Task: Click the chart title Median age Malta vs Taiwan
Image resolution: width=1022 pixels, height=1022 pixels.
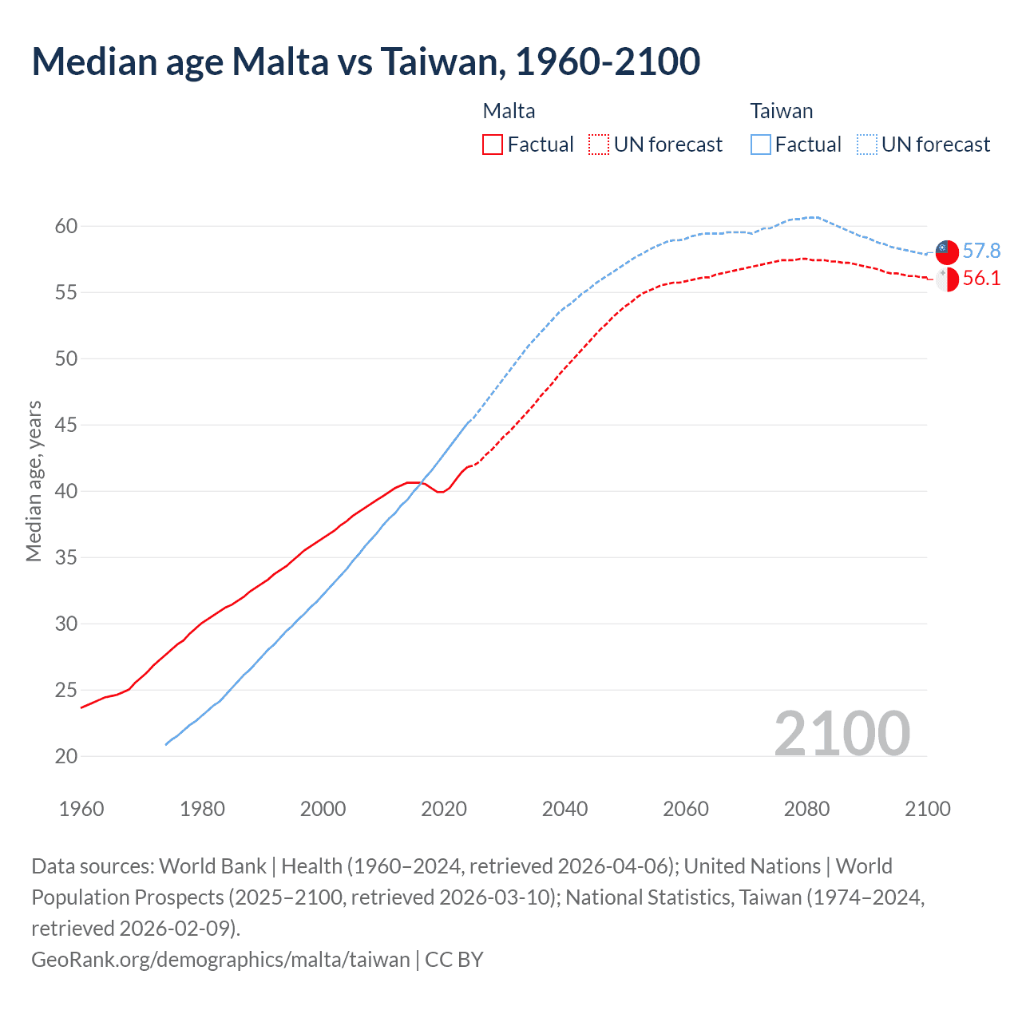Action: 366,61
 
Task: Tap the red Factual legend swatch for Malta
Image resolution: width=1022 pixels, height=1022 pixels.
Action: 493,145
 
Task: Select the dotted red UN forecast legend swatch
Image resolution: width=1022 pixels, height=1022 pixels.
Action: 598,145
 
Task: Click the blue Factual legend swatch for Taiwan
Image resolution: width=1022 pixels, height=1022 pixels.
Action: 760,145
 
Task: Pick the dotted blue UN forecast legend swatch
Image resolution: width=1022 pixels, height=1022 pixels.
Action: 866,145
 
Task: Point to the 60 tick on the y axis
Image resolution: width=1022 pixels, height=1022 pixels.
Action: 66,226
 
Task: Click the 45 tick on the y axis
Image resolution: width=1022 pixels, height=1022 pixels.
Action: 66,425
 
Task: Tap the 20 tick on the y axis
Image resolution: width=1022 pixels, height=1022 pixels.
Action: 66,756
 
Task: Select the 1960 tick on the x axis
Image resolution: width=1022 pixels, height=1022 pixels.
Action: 81,809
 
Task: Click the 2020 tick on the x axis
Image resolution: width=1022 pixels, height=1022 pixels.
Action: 444,809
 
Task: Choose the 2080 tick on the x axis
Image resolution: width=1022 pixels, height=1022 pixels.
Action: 806,809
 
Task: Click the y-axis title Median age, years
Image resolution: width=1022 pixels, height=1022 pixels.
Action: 34,481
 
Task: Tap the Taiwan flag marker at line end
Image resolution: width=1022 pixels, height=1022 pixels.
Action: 946,251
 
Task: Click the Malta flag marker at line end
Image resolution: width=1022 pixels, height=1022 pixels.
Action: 946,279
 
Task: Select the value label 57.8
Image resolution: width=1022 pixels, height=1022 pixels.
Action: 981,251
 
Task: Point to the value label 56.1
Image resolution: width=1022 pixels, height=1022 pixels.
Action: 981,279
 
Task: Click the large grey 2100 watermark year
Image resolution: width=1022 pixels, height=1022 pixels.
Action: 842,733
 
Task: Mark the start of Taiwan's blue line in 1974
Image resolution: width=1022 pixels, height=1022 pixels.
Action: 166,744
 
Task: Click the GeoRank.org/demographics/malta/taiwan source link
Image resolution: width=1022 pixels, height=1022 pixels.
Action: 220,959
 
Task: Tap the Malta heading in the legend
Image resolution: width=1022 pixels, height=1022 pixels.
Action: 509,111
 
